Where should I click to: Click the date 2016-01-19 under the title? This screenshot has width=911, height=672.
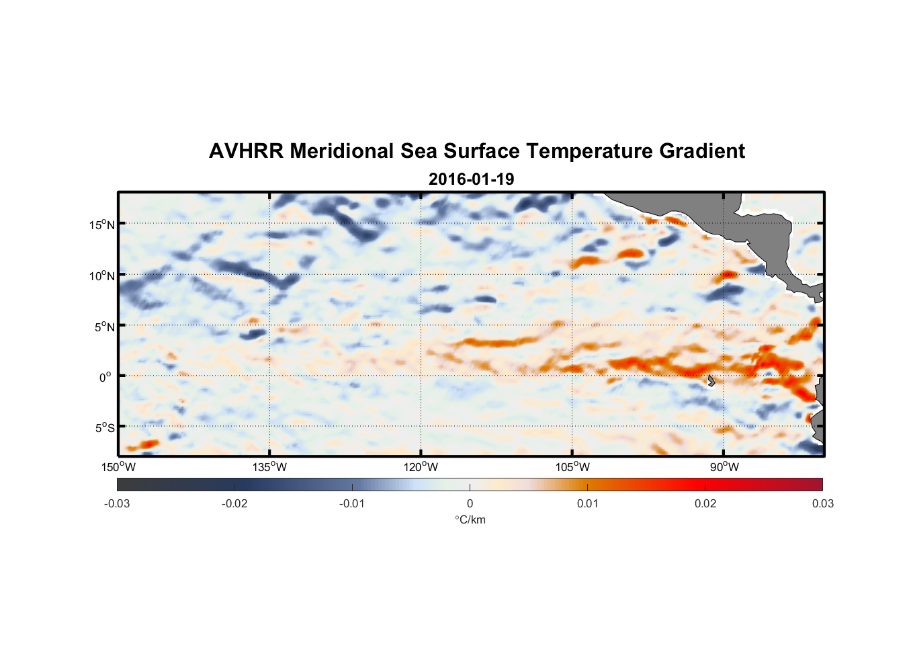pyautogui.click(x=471, y=179)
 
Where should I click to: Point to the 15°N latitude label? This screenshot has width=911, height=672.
pyautogui.click(x=102, y=224)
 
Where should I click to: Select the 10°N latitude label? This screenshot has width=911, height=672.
pyautogui.click(x=102, y=276)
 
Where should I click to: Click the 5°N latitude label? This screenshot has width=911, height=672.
pyautogui.click(x=104, y=327)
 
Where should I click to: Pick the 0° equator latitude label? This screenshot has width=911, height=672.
pyautogui.click(x=105, y=378)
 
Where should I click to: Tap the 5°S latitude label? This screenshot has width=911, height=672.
pyautogui.click(x=104, y=428)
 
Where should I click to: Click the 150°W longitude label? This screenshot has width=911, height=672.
pyautogui.click(x=119, y=467)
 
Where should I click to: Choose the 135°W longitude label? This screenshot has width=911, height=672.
pyautogui.click(x=270, y=467)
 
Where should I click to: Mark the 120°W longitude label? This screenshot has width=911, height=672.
pyautogui.click(x=421, y=467)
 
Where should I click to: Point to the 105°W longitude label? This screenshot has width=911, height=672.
pyautogui.click(x=572, y=467)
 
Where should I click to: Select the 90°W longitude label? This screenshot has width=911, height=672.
pyautogui.click(x=724, y=467)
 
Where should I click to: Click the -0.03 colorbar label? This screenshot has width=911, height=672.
pyautogui.click(x=117, y=503)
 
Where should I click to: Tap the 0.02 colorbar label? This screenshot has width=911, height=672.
pyautogui.click(x=705, y=503)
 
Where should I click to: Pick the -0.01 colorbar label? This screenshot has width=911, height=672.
pyautogui.click(x=352, y=503)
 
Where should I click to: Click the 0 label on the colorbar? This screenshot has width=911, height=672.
pyautogui.click(x=470, y=503)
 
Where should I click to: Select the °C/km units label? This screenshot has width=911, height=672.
pyautogui.click(x=470, y=519)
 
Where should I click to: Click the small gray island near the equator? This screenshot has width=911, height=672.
pyautogui.click(x=711, y=380)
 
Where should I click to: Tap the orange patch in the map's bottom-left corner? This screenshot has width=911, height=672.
pyautogui.click(x=143, y=445)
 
